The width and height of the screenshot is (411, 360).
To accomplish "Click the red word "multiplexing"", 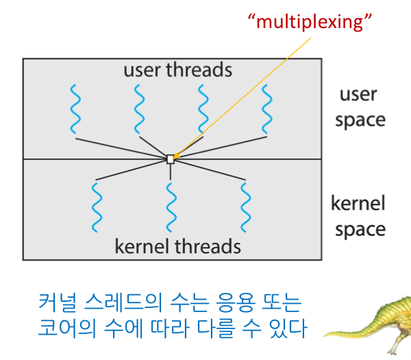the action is pos(310,22).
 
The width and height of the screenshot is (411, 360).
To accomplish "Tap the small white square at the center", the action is pos(171,159).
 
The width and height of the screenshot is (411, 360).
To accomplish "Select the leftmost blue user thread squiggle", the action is pos(75,109).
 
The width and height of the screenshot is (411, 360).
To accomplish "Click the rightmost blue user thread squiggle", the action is pos(267,109).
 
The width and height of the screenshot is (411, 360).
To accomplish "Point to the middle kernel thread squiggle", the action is pos(171,207).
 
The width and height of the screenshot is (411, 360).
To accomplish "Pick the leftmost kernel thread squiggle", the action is pos(97,207).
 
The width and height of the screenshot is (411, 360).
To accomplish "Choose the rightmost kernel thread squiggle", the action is pos(246,207).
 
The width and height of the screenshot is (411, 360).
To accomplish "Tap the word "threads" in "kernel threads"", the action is pos(208,246).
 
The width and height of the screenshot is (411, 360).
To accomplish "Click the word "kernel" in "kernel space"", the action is pos(358,203).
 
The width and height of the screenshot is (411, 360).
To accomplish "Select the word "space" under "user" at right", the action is pos(360,120).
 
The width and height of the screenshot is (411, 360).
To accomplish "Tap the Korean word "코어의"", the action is pos(67,328).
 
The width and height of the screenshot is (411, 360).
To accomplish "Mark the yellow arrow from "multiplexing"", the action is pos(242,98).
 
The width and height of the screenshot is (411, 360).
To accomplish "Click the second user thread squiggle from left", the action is pos(139,109).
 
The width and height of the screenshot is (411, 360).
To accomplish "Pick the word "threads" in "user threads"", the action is pos(199,70).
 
